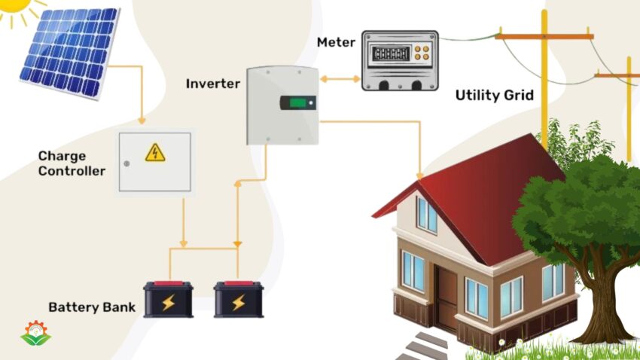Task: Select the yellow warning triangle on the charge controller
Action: pyautogui.click(x=155, y=152)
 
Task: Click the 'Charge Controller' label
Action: pyautogui.click(x=72, y=163)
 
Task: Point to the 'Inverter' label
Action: pyautogui.click(x=213, y=84)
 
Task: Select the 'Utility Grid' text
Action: pyautogui.click(x=494, y=96)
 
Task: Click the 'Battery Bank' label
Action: pyautogui.click(x=92, y=307)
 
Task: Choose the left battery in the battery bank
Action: pyautogui.click(x=169, y=300)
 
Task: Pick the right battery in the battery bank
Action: pyautogui.click(x=238, y=300)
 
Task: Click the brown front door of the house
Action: pyautogui.click(x=446, y=294)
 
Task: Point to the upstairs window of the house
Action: pyautogui.click(x=427, y=215)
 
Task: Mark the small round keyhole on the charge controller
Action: pyautogui.click(x=126, y=163)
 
